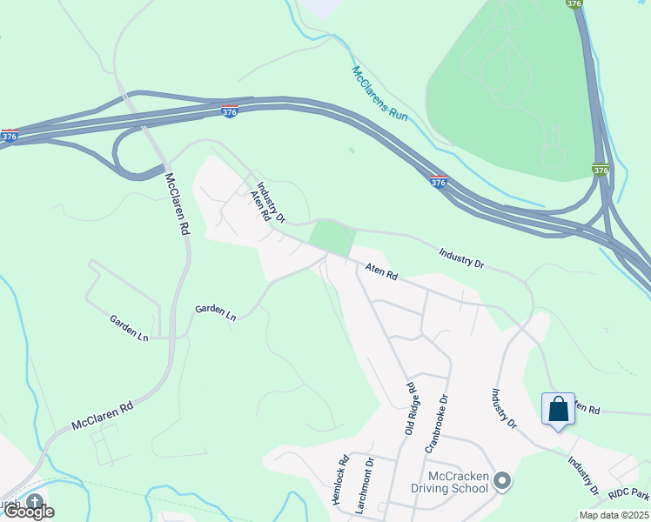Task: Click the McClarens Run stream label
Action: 379,93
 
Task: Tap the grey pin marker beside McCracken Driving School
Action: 501,480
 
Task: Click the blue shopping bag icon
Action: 557,408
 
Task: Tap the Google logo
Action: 28,512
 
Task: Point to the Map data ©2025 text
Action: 614,515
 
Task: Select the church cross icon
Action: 35,502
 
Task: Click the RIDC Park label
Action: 628,493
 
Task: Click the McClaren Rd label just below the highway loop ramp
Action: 177,204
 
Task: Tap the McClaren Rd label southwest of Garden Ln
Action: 102,415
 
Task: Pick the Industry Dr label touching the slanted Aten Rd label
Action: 271,202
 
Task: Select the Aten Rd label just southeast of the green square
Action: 381,272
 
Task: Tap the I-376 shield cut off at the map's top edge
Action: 573,4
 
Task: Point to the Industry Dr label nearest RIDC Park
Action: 583,475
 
